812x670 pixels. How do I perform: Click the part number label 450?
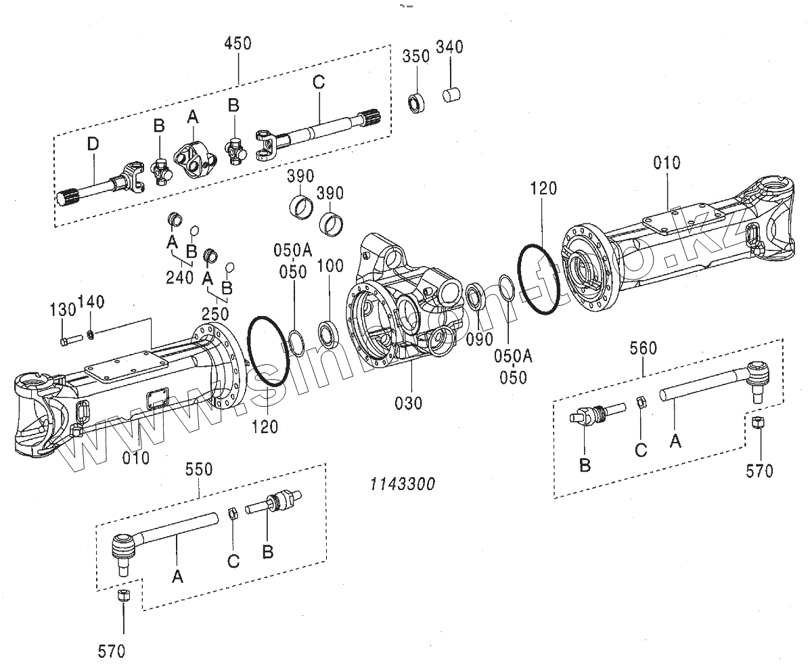click(238, 43)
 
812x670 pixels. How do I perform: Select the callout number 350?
click(416, 56)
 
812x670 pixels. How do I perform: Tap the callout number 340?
click(449, 47)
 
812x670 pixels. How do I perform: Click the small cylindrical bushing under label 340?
click(451, 95)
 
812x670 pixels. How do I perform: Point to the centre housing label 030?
click(409, 403)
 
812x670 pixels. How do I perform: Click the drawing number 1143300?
click(401, 484)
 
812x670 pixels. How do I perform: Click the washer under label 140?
click(91, 334)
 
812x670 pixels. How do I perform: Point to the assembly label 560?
click(643, 348)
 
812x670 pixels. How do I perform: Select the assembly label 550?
click(199, 469)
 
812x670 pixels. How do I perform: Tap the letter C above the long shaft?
click(319, 83)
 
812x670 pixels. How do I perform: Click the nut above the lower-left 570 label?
click(124, 596)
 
